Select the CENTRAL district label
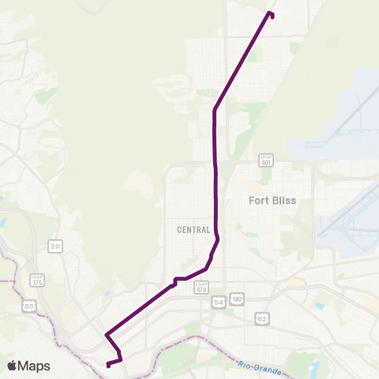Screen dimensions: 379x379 pos(194,231)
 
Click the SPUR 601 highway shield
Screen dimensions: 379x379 pos(265,161)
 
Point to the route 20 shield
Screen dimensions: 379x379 pos(54,246)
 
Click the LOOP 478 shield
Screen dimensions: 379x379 pos(201,287)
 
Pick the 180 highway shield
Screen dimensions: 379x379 pos(237,298)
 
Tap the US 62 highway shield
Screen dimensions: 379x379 pos(261,317)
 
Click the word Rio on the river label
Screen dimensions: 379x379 pos(248,364)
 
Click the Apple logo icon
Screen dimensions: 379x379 pos(13,366)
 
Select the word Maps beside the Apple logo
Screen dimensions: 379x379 pos(35,366)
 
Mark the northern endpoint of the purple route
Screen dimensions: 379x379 pos(272,14)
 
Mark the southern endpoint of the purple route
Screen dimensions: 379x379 pos(107,364)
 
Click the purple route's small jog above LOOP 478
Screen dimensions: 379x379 pos(177,280)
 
